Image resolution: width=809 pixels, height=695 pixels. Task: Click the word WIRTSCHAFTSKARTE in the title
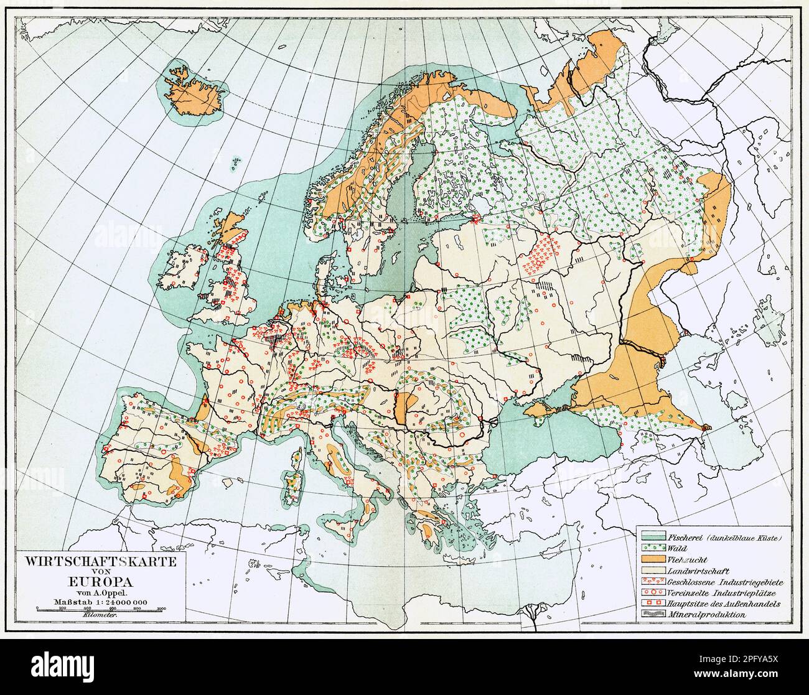[100, 561]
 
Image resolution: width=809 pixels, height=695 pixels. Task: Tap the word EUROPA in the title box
[100, 582]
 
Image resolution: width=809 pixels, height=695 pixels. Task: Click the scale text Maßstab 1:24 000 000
[100, 601]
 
